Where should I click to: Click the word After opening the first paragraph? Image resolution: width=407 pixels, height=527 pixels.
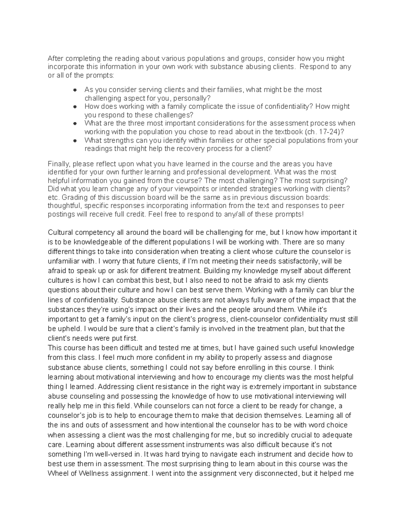click(x=56, y=58)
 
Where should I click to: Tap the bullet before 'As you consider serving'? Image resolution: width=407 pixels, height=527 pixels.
click(x=76, y=90)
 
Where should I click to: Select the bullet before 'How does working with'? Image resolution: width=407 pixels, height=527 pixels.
click(x=76, y=107)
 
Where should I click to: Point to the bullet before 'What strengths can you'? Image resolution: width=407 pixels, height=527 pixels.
click(x=76, y=140)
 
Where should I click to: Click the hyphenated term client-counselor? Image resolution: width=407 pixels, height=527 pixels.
click(x=255, y=319)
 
